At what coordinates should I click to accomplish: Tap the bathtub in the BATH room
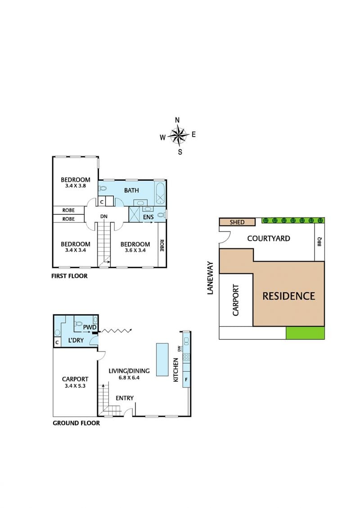tap(160, 193)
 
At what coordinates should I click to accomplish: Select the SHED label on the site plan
tap(237, 222)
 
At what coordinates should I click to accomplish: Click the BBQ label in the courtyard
tap(319, 242)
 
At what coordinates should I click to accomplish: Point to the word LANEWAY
tap(211, 278)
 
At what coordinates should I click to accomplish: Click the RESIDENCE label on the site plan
tap(288, 296)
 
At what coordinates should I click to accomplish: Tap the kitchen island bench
tap(162, 359)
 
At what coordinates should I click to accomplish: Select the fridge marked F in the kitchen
tap(186, 379)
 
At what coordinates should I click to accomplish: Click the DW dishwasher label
tap(179, 348)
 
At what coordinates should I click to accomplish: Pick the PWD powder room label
tap(90, 327)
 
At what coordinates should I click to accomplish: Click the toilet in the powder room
tap(78, 323)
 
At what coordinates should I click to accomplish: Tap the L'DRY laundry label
tap(76, 340)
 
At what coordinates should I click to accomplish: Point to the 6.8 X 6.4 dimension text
tap(129, 378)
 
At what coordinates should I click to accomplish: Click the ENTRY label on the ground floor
tap(125, 398)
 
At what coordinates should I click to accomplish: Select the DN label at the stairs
tap(104, 216)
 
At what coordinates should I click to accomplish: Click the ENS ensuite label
tap(148, 217)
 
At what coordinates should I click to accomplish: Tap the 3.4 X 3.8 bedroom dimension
tap(76, 186)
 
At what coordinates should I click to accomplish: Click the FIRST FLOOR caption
tap(69, 276)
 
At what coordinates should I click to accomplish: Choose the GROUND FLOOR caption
tap(76, 423)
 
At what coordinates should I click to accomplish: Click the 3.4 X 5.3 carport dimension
tap(75, 386)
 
